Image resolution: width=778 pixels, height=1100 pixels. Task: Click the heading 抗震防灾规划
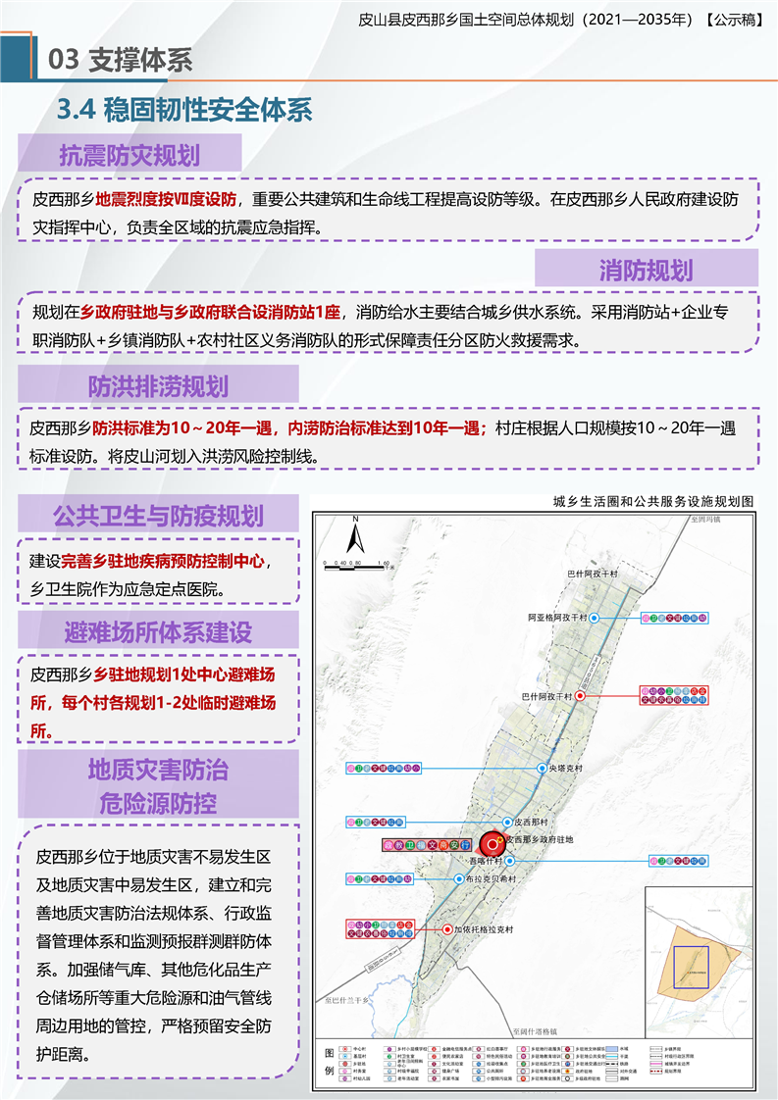130,156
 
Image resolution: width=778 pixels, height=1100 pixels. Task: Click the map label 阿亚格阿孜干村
555,619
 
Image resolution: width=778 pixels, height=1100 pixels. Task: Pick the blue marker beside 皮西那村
507,822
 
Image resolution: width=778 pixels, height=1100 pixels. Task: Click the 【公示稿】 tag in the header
734,18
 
